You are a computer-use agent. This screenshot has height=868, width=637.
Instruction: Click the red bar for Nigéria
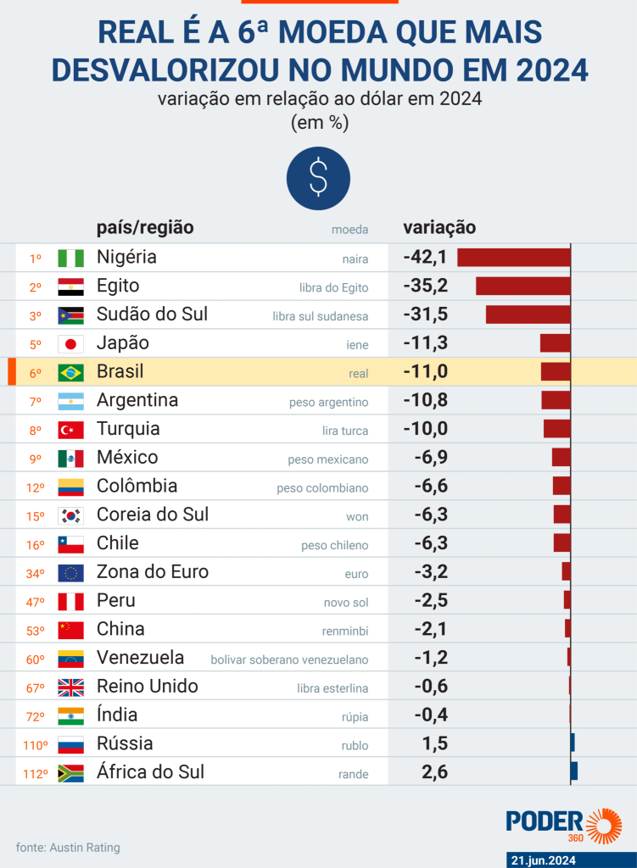coord(514,257)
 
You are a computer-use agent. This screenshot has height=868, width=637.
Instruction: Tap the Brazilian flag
coord(70,372)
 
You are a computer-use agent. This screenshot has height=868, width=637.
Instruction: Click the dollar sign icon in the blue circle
coord(318,177)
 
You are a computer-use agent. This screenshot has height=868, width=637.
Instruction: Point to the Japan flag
coord(70,343)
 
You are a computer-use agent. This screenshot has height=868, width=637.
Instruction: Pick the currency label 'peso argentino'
coord(328,402)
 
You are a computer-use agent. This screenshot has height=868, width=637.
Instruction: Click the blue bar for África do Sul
coord(574,771)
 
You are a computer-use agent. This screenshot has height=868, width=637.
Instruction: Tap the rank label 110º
coord(34,745)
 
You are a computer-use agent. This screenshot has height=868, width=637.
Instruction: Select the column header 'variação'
coord(439,227)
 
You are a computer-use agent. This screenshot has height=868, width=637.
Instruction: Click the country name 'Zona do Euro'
coord(153,572)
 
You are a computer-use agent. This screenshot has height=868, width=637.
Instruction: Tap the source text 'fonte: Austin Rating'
coord(68,847)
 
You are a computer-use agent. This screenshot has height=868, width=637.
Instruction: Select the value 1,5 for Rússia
coord(434,744)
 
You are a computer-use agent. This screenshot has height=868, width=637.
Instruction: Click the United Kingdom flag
coord(70,687)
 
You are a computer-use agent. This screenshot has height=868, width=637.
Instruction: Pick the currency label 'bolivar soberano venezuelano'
coord(289,659)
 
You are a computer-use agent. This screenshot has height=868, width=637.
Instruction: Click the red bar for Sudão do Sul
coord(528,314)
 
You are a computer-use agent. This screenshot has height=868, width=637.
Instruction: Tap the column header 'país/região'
coord(145,227)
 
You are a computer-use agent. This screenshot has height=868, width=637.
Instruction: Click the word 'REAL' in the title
coord(138,33)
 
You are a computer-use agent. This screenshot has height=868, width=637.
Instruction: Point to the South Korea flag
coord(70,515)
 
